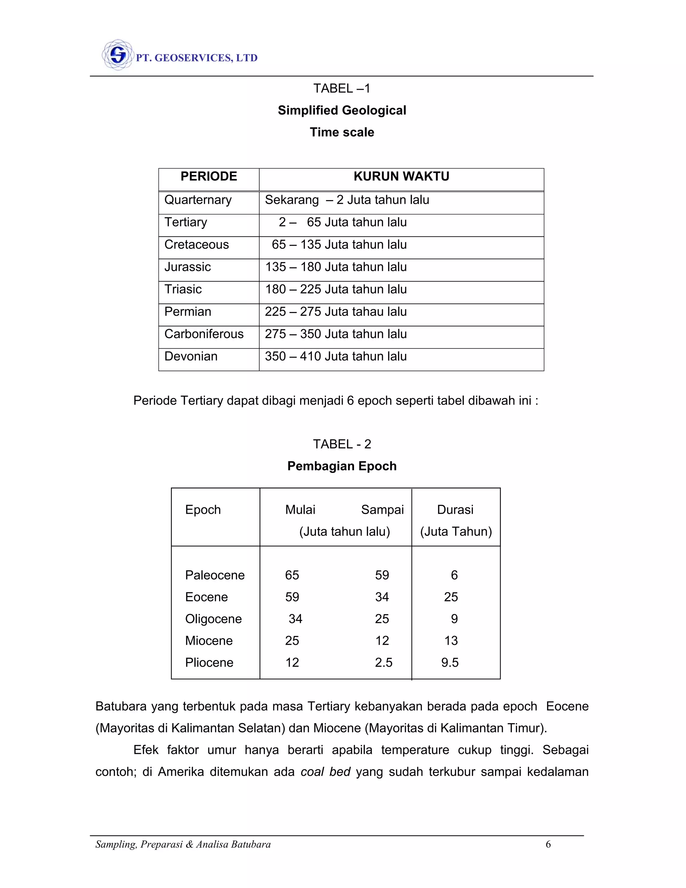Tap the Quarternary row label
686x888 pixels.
(198, 200)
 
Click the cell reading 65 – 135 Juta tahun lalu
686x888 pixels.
(339, 245)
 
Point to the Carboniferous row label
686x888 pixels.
(204, 334)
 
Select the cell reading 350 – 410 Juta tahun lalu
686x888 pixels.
(336, 357)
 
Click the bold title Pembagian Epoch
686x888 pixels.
(342, 466)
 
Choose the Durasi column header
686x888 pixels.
(455, 510)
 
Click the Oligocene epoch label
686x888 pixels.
(213, 619)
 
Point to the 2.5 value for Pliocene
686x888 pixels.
(383, 663)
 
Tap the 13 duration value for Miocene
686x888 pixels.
(451, 641)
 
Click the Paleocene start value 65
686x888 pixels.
(292, 575)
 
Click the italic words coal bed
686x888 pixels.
(325, 772)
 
